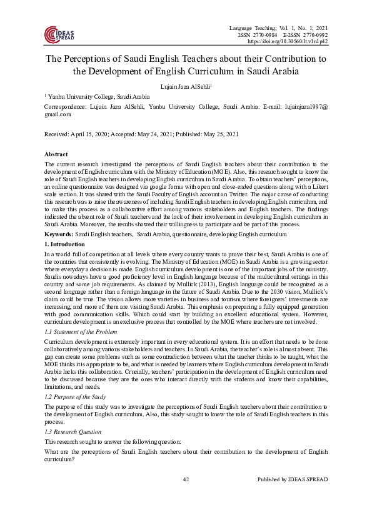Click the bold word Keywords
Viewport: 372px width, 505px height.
[59, 233]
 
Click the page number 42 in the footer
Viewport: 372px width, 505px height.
[186, 479]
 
